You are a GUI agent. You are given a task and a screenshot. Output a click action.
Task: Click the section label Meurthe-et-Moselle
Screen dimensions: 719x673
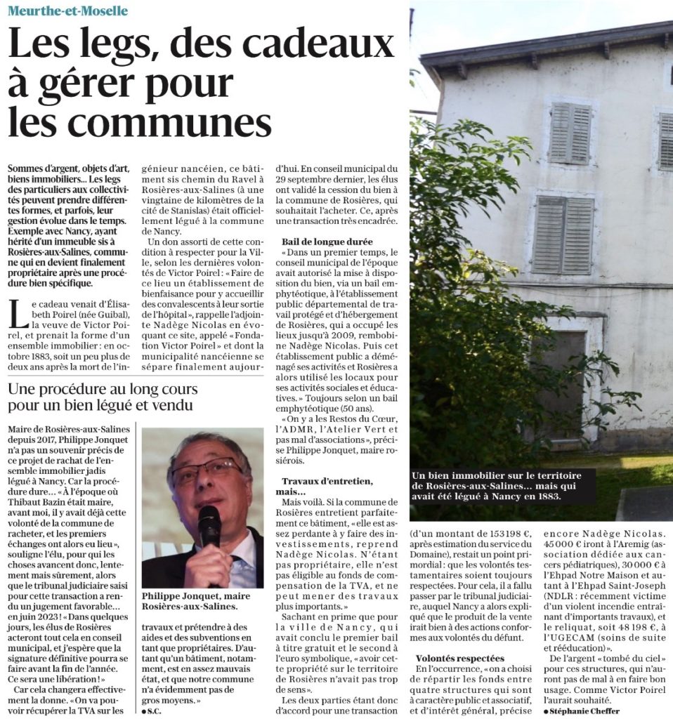tap(69, 11)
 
